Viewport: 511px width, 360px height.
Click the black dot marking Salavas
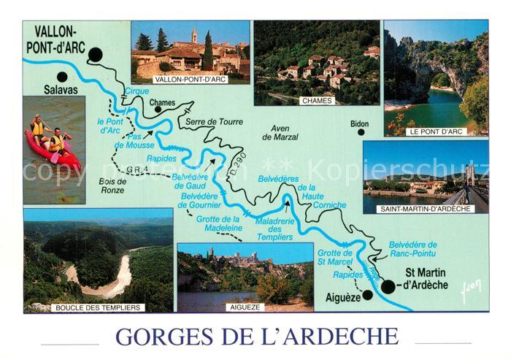[62, 77]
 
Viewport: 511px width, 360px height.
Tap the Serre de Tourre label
[212, 121]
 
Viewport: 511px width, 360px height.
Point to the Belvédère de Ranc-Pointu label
[412, 250]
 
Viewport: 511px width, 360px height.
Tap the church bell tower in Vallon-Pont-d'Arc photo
[193, 35]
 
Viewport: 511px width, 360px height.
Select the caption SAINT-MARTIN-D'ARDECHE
[426, 209]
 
